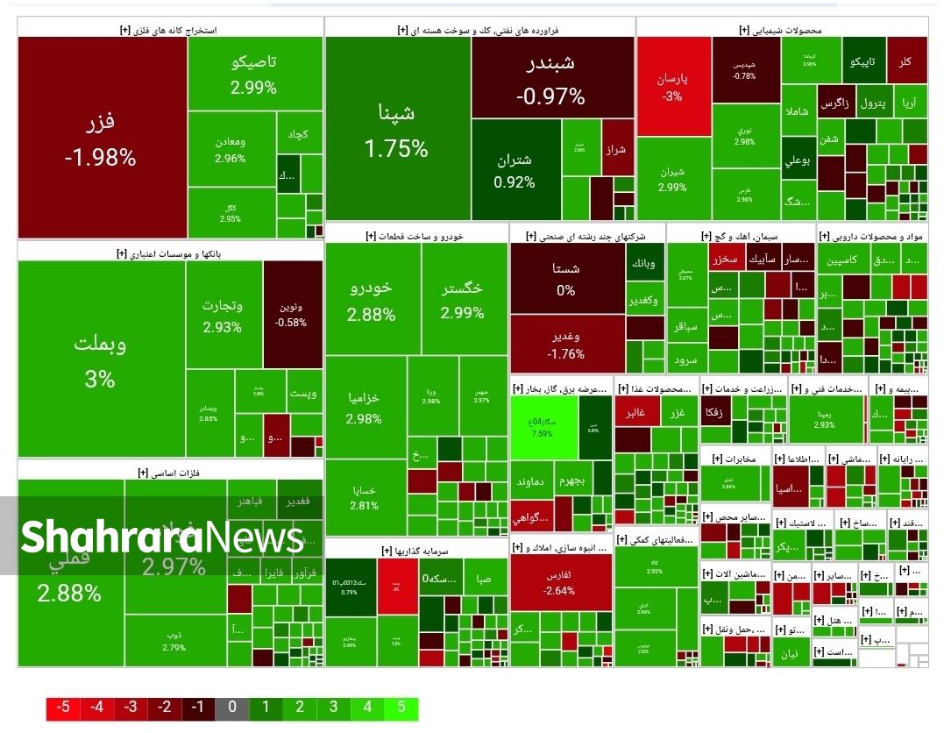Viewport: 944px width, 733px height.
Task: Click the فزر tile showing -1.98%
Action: point(101,138)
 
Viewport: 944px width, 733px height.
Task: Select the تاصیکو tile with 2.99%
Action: point(254,75)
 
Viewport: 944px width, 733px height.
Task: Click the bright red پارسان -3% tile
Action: point(672,87)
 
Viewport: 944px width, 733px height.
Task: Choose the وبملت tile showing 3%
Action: point(100,359)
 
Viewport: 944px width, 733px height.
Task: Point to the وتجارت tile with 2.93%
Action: point(223,316)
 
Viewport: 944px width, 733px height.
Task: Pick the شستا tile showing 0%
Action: point(566,279)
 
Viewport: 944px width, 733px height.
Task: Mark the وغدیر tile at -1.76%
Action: point(566,345)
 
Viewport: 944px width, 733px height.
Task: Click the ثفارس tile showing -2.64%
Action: point(559,582)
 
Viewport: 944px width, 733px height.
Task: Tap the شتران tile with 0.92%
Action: point(515,170)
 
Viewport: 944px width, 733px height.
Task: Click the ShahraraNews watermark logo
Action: point(162,537)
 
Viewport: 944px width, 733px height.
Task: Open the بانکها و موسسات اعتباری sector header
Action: point(170,253)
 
